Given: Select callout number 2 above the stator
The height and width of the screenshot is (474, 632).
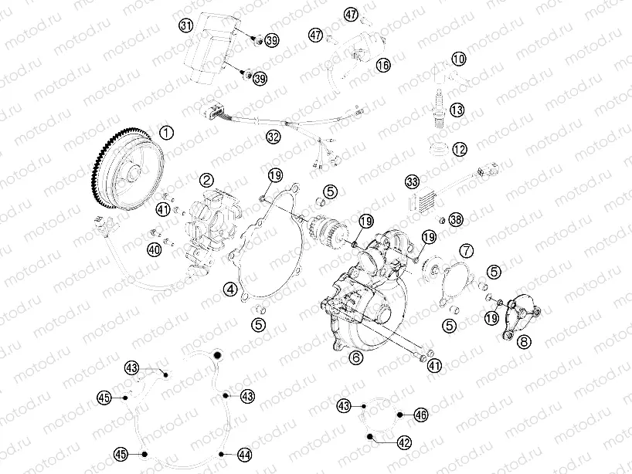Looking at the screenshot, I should [x=206, y=180].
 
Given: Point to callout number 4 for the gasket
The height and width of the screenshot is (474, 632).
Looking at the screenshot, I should [x=230, y=289].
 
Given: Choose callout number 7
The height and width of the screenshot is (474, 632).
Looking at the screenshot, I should [x=466, y=250].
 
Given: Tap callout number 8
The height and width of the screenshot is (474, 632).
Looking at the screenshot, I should [x=524, y=340].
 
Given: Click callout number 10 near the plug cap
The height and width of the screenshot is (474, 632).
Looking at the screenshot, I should [x=459, y=59].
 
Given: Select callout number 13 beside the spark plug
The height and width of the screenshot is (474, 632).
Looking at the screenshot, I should [x=457, y=110].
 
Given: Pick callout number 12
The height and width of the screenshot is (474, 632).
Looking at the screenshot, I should [x=460, y=149].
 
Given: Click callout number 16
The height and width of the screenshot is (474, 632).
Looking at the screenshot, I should [x=383, y=66].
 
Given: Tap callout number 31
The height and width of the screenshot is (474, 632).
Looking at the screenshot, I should [x=185, y=25].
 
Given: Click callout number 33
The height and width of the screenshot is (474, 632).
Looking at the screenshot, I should [x=412, y=182].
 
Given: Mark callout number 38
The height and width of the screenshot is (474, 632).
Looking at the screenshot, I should [x=456, y=220].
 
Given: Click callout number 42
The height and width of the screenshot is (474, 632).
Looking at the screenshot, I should [x=403, y=442].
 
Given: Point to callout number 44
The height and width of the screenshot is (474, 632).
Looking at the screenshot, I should [x=244, y=455].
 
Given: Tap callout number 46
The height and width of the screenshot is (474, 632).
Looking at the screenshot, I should [x=420, y=415].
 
